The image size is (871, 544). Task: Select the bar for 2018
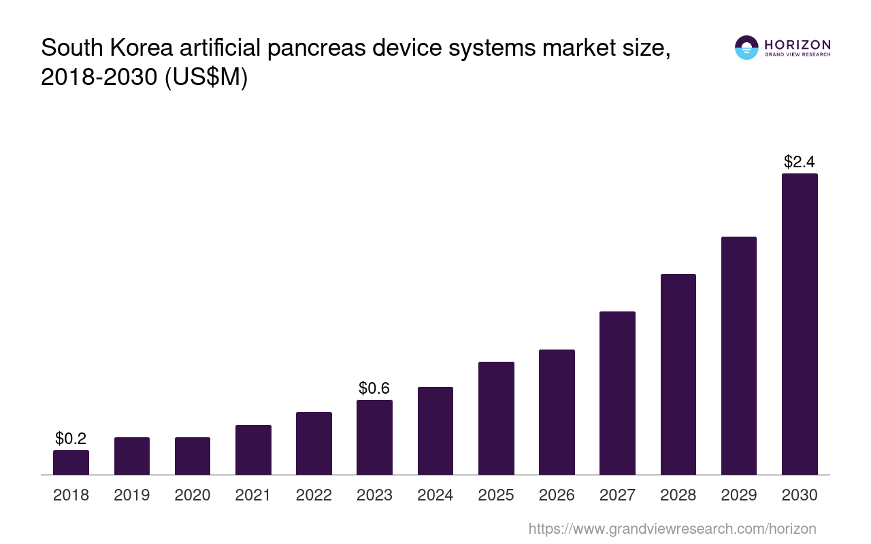(x=71, y=462)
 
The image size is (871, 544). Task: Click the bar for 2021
(x=253, y=449)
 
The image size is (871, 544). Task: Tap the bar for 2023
(x=374, y=437)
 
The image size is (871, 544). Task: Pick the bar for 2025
(x=496, y=418)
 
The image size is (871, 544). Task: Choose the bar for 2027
(x=617, y=393)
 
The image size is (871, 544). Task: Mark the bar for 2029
(x=738, y=356)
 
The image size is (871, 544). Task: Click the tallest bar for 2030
(x=800, y=324)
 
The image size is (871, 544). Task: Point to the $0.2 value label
(x=71, y=439)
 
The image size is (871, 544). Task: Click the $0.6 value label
(x=374, y=388)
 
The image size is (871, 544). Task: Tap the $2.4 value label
(x=800, y=162)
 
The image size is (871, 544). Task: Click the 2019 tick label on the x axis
(x=131, y=495)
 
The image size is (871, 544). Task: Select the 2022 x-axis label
(x=314, y=495)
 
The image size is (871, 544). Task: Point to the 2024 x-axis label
(x=435, y=495)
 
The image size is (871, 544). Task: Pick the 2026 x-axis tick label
(x=557, y=495)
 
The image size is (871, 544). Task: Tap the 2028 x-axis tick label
(x=678, y=495)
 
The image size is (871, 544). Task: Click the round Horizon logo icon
(x=746, y=48)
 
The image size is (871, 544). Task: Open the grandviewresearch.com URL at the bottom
(x=672, y=528)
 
